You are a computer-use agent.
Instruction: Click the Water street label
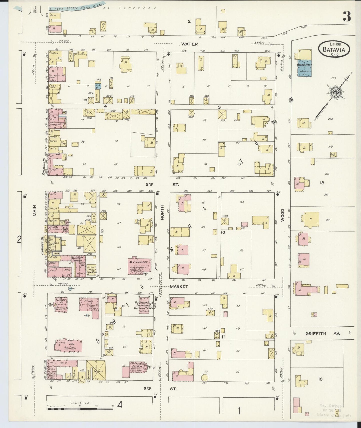click(189, 44)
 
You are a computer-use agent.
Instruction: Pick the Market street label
click(179, 286)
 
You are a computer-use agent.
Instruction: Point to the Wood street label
click(282, 215)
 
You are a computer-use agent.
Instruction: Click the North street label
click(162, 212)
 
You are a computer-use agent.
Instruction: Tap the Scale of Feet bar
click(80, 409)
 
